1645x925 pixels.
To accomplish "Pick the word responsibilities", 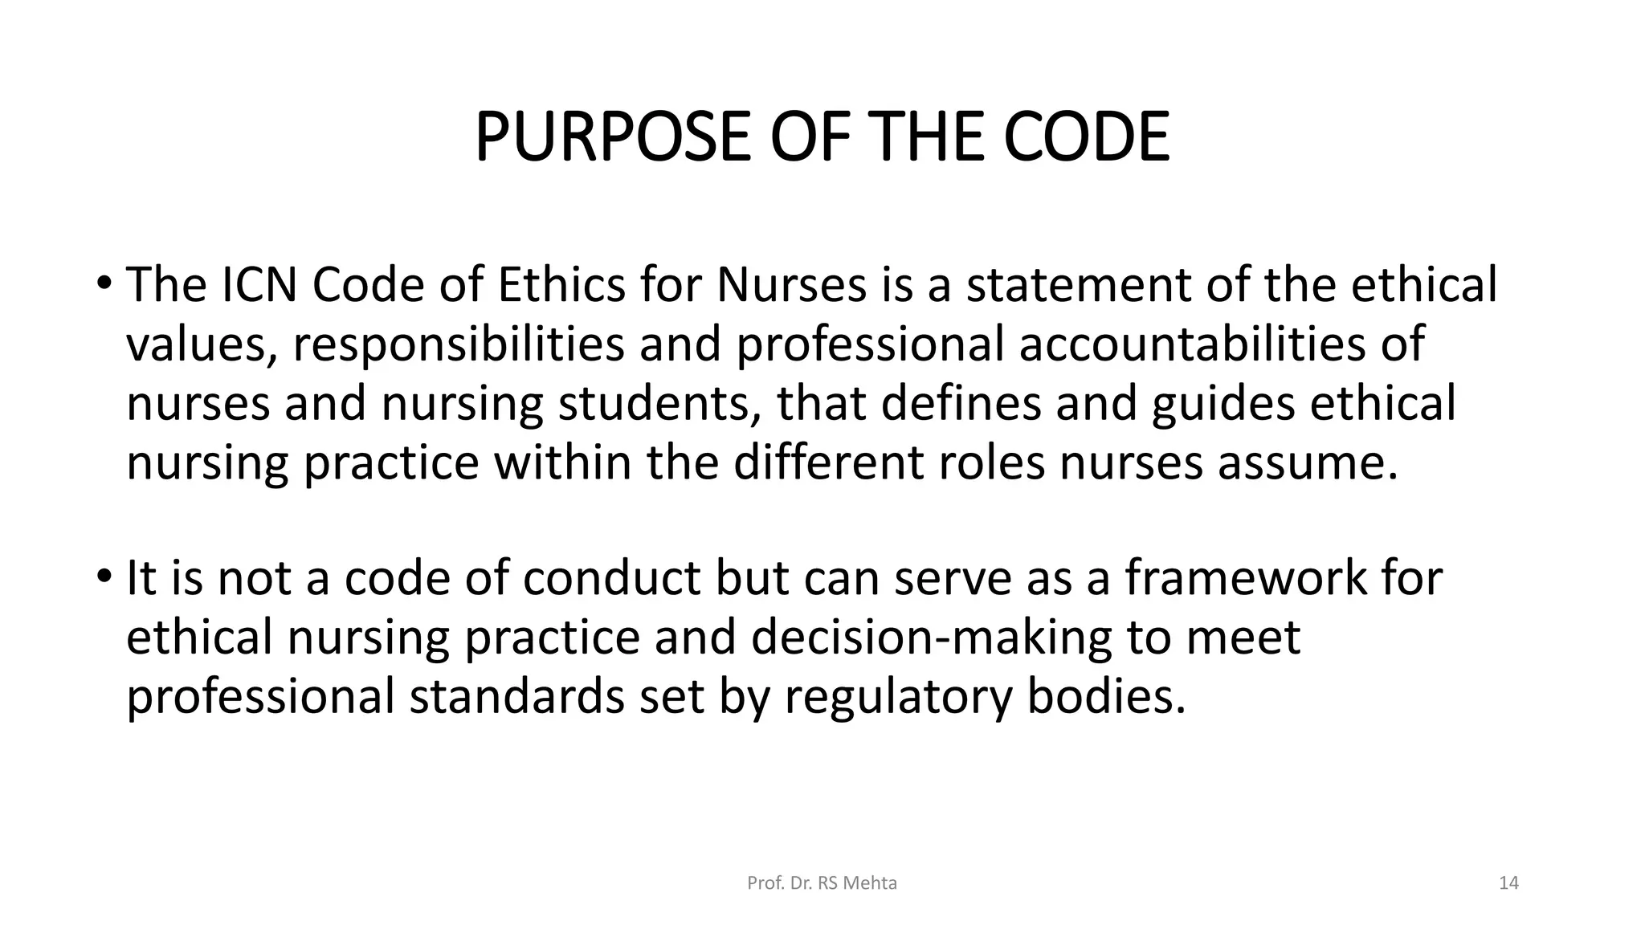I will tap(458, 344).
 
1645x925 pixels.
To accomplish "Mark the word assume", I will tap(1308, 463).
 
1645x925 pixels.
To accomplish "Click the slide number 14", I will tap(1508, 883).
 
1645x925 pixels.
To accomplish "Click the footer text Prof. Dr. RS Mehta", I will tap(822, 883).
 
